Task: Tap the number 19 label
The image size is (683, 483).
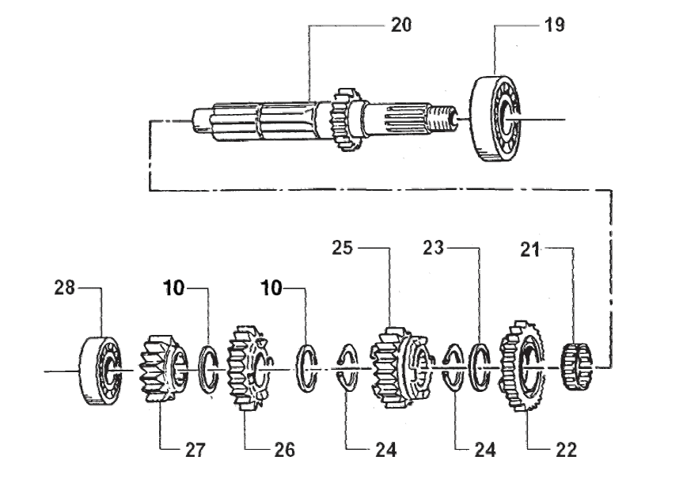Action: click(x=554, y=25)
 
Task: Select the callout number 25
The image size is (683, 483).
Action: click(x=342, y=249)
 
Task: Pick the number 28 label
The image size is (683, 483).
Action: click(x=64, y=289)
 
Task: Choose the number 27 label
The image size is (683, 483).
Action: click(x=195, y=450)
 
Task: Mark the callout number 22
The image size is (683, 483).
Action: click(x=565, y=450)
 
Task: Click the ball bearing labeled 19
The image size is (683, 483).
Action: click(x=498, y=119)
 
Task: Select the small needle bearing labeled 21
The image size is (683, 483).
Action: click(x=576, y=367)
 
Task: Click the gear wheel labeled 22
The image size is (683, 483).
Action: click(x=521, y=367)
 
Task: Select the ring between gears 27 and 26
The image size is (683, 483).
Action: click(x=210, y=368)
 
